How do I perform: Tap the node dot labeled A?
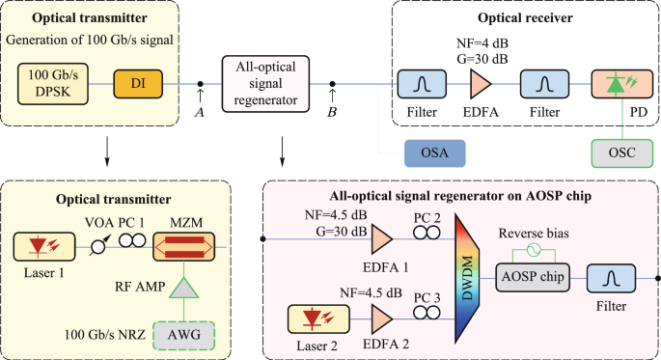(200, 85)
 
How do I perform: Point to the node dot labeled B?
(333, 85)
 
